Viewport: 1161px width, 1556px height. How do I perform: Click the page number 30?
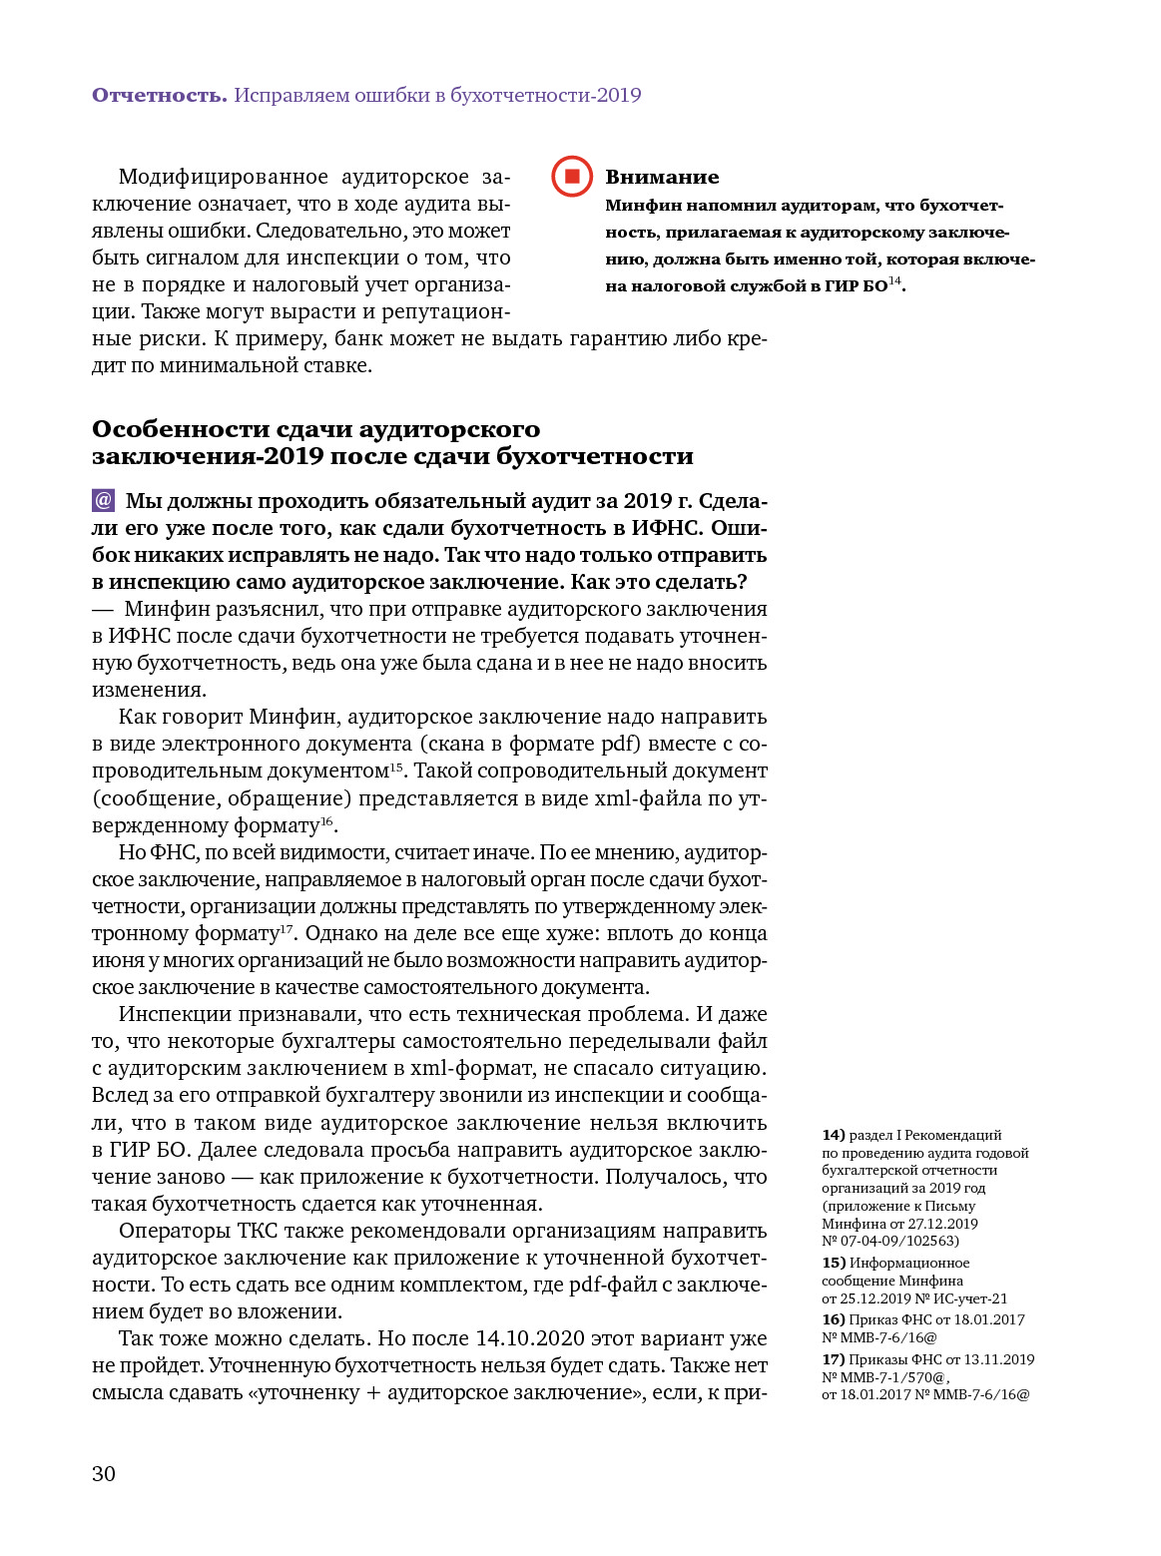tap(104, 1474)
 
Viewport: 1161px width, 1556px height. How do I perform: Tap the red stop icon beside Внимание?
tap(572, 177)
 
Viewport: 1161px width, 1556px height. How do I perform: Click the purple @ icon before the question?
tap(103, 500)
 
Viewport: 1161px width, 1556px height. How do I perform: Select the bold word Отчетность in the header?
tap(160, 95)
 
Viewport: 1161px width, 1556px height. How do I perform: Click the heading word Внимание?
tap(662, 177)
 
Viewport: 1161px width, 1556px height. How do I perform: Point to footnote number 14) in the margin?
tap(834, 1135)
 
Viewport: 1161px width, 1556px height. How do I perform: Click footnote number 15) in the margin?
tap(834, 1263)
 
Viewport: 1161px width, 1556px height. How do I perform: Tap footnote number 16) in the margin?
tap(834, 1319)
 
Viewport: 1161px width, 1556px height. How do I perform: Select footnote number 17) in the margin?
tap(834, 1359)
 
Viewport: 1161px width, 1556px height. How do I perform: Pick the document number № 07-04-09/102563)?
tap(890, 1241)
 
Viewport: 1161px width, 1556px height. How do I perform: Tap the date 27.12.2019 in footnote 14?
tap(943, 1224)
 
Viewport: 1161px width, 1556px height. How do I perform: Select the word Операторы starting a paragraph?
tap(175, 1231)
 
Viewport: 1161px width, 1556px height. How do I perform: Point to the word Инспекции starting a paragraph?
tap(176, 1014)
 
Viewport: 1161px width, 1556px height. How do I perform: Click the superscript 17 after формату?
tap(287, 928)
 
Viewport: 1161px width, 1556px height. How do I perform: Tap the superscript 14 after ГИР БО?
tap(894, 281)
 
